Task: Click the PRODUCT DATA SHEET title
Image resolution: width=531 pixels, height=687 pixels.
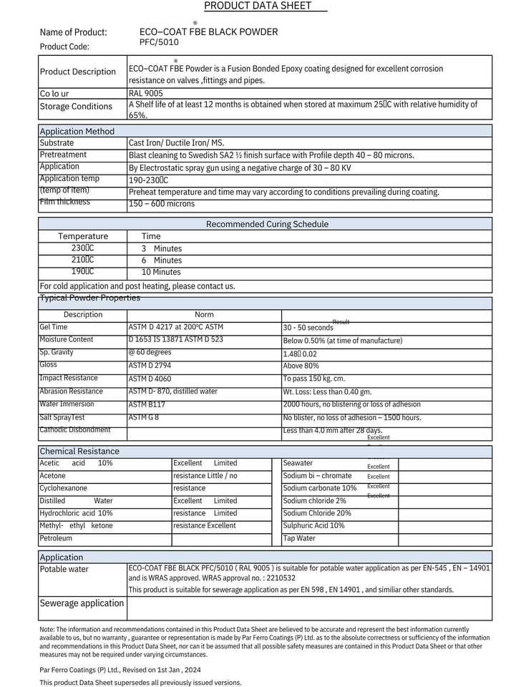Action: (x=258, y=6)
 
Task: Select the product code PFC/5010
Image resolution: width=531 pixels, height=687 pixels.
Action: (x=159, y=42)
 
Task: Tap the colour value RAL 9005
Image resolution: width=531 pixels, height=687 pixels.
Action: (x=146, y=93)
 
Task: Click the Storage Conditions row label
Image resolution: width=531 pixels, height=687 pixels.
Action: (x=76, y=107)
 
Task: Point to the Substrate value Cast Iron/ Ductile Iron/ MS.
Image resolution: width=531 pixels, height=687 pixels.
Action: (x=176, y=143)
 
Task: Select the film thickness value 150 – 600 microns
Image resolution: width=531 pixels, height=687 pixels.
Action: (x=161, y=204)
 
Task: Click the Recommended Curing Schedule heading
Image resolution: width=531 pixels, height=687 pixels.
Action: (x=267, y=224)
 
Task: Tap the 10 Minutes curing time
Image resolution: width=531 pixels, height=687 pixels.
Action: (x=161, y=272)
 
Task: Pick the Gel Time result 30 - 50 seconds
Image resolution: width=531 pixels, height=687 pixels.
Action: (x=308, y=328)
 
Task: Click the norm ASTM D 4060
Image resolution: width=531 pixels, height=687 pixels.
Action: (x=150, y=379)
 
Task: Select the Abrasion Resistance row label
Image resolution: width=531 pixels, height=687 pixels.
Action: (x=71, y=391)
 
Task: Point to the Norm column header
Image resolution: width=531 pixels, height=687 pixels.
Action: (x=204, y=315)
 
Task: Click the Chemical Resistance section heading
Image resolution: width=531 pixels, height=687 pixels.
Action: (x=79, y=452)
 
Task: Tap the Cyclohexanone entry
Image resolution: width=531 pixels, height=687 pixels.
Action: (x=62, y=488)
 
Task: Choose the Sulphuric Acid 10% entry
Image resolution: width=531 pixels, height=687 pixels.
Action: (x=313, y=525)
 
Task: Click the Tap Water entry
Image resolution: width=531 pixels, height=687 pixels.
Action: (x=299, y=538)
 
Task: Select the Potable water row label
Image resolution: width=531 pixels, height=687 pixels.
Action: (x=64, y=570)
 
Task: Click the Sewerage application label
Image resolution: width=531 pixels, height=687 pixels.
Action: (x=82, y=603)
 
